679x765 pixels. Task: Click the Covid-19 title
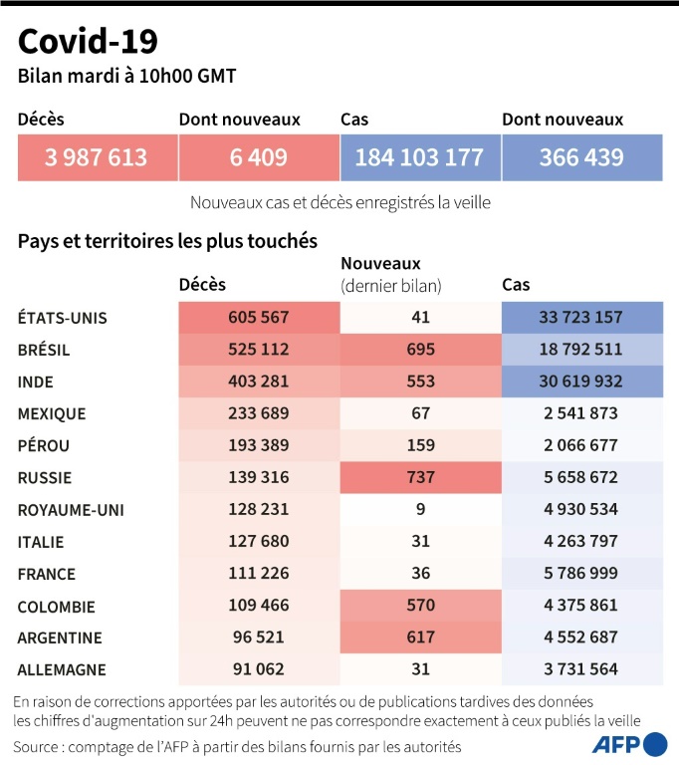[88, 41]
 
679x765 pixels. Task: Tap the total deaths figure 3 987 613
[97, 157]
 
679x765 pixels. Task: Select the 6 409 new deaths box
[258, 157]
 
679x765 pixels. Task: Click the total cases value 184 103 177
[419, 157]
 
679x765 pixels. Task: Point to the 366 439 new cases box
[581, 157]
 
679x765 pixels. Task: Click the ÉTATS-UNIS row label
[62, 318]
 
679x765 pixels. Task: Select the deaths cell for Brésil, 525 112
[258, 350]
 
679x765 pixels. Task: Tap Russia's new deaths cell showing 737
[420, 477]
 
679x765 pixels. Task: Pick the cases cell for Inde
[581, 382]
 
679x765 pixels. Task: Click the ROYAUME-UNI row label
[70, 509]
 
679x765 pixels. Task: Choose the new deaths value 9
[420, 509]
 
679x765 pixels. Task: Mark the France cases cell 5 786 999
[581, 573]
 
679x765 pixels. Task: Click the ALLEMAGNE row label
[62, 669]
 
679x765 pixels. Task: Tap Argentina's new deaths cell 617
[420, 637]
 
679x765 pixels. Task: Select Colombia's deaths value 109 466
[258, 605]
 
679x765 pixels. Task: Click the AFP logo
[629, 744]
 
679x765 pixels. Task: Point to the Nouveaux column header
[381, 264]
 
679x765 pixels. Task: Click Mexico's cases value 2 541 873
[581, 413]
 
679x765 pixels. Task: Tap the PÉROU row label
[44, 445]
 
